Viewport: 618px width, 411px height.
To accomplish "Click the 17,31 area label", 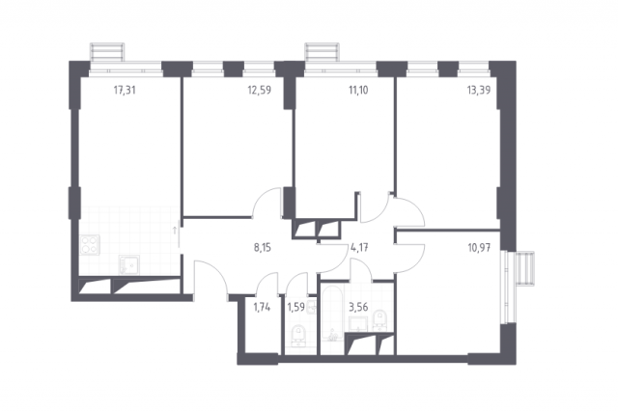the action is [125, 90].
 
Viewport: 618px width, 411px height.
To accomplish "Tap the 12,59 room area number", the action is [260, 90].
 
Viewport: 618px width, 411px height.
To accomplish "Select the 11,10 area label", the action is [358, 90].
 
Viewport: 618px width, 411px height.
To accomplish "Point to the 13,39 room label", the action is [479, 90].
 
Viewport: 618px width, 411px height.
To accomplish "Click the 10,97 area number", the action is [479, 248].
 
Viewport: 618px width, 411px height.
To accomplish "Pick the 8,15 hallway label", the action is [263, 248].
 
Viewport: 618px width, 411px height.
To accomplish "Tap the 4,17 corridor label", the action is [359, 248].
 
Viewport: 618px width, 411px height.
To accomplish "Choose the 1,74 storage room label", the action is [262, 307].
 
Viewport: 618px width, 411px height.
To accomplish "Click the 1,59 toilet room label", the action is [296, 307].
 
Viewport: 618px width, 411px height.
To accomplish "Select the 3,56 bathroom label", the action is [358, 307].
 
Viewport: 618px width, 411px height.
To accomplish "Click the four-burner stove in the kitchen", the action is [90, 244].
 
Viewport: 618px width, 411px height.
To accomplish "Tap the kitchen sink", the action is [128, 264].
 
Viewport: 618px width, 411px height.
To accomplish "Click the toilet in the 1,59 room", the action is [298, 336].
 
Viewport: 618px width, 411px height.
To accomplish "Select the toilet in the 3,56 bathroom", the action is [380, 319].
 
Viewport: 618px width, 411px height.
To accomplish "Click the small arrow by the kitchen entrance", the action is [175, 231].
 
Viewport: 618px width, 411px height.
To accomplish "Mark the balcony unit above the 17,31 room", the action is [107, 52].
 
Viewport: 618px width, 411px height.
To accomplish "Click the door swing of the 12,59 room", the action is [266, 202].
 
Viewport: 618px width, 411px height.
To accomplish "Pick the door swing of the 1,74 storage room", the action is [267, 284].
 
